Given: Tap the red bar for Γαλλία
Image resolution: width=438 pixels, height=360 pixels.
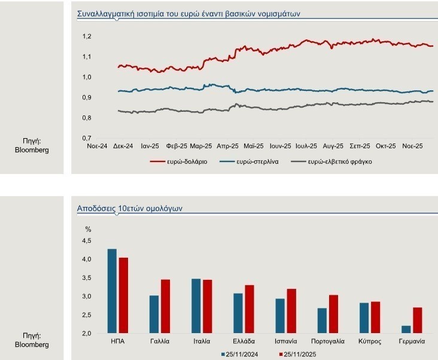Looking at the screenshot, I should (x=165, y=306).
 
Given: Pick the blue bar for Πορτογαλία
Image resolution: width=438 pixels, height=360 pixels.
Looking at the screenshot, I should (x=322, y=321).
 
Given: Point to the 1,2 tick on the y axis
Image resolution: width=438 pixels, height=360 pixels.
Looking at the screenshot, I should (x=86, y=36).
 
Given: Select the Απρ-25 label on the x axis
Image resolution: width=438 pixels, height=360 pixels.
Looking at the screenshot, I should (x=228, y=145).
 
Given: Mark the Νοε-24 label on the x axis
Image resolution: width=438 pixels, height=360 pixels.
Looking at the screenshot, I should (x=97, y=145).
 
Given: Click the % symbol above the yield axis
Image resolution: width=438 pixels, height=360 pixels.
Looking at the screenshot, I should (x=88, y=228).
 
